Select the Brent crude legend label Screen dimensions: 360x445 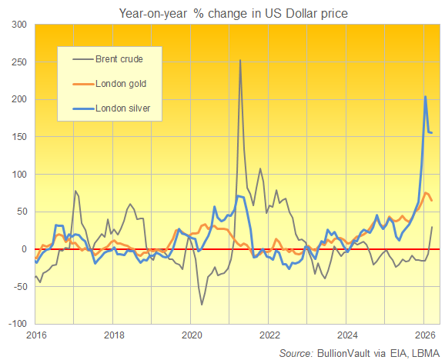[119, 58]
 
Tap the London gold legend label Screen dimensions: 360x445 [120, 83]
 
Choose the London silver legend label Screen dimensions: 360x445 [122, 108]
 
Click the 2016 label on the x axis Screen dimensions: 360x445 [35, 335]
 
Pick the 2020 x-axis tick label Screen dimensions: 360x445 [192, 335]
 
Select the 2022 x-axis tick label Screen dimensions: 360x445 [269, 335]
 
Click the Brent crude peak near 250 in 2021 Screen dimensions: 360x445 [240, 60]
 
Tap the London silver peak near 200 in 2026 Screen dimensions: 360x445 [426, 97]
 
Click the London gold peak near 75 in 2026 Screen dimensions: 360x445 [427, 193]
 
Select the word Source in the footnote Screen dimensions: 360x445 [296, 352]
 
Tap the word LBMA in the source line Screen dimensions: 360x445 [420, 352]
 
